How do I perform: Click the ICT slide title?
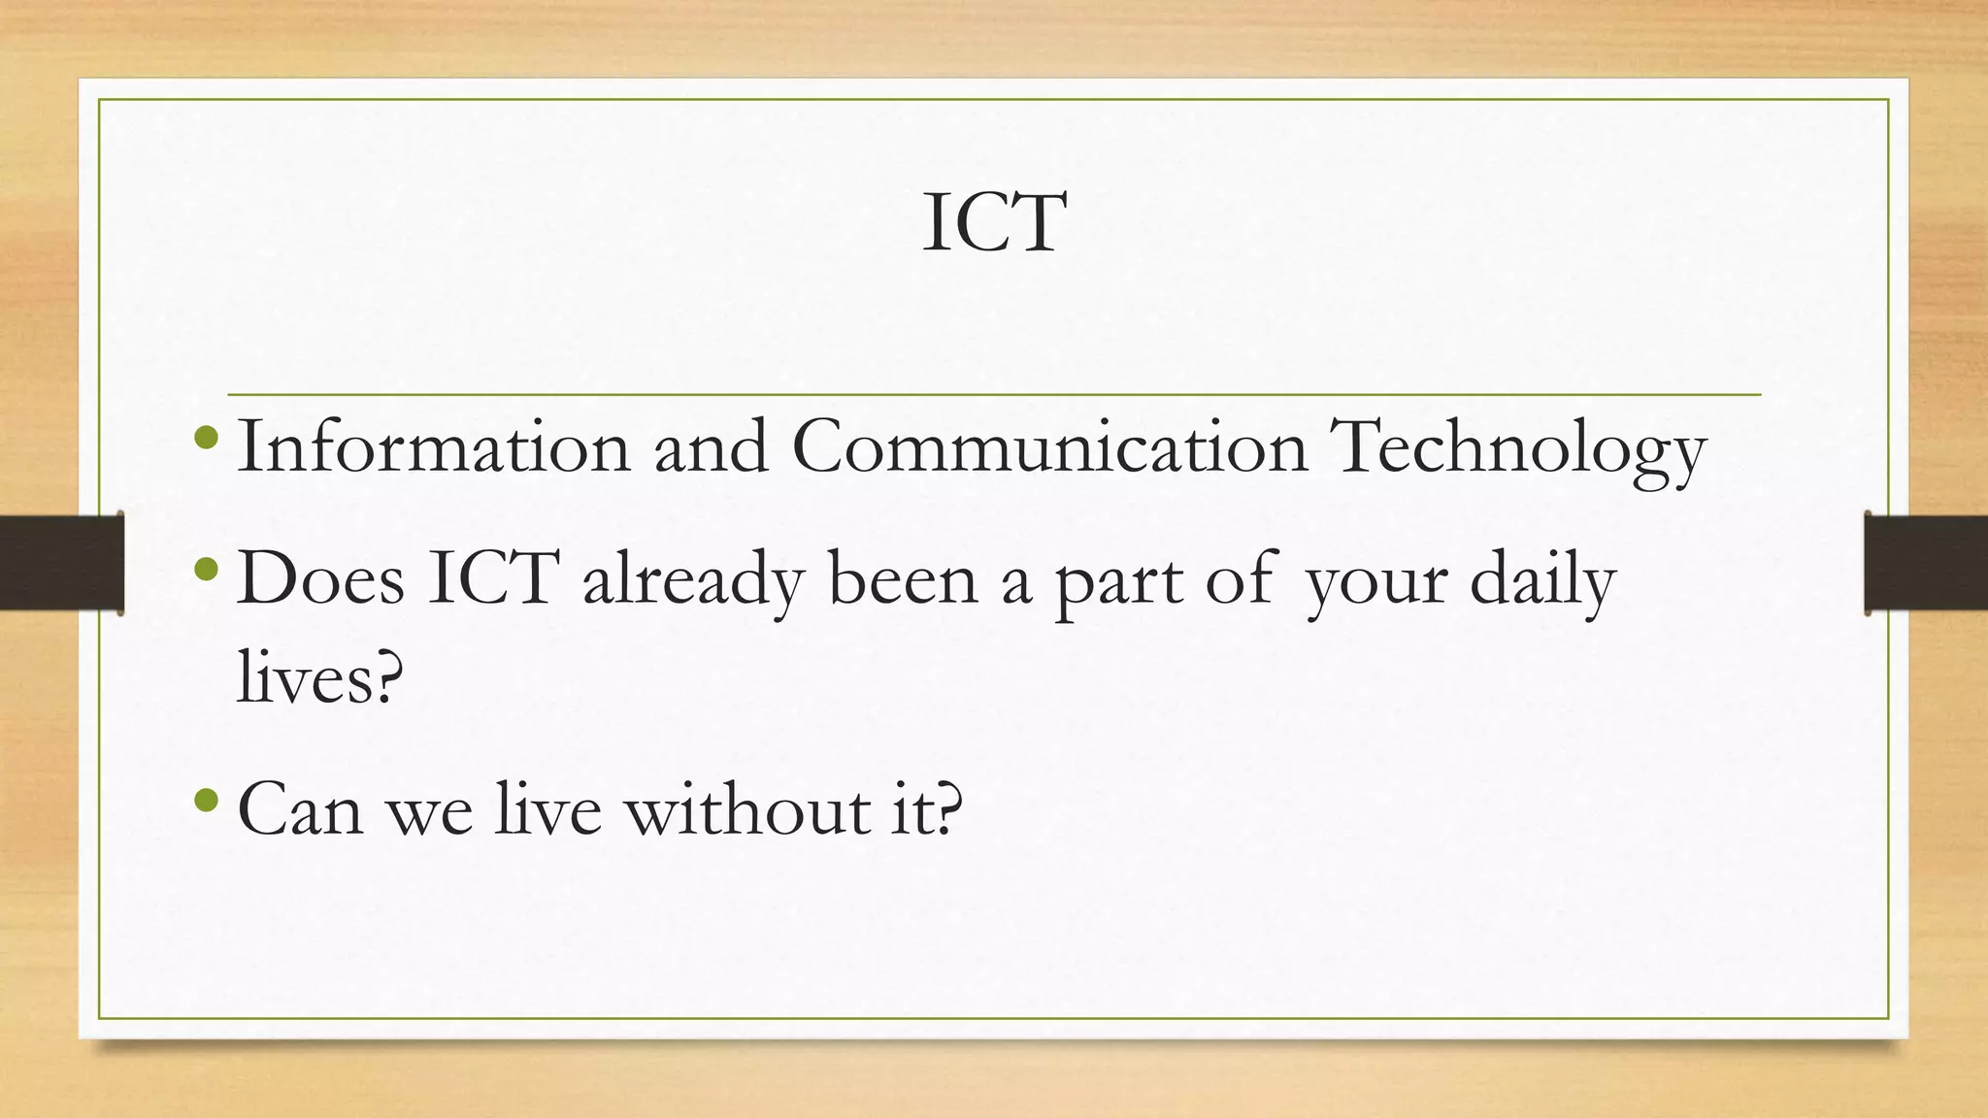coord(994,223)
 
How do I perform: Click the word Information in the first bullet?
coord(433,446)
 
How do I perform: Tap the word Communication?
coord(1049,446)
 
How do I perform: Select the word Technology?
coord(1519,448)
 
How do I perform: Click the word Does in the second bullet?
coord(320,579)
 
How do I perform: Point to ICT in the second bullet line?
coord(493,579)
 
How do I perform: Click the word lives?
coord(319,676)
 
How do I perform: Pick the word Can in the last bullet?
coord(300,809)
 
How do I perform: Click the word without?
coord(747,809)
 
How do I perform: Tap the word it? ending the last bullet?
coord(927,809)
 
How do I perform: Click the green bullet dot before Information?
coord(206,437)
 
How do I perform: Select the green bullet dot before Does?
coord(206,569)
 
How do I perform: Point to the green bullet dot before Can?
coord(206,800)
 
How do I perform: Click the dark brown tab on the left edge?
coord(61,563)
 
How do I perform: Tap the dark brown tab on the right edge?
coord(1926,563)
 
